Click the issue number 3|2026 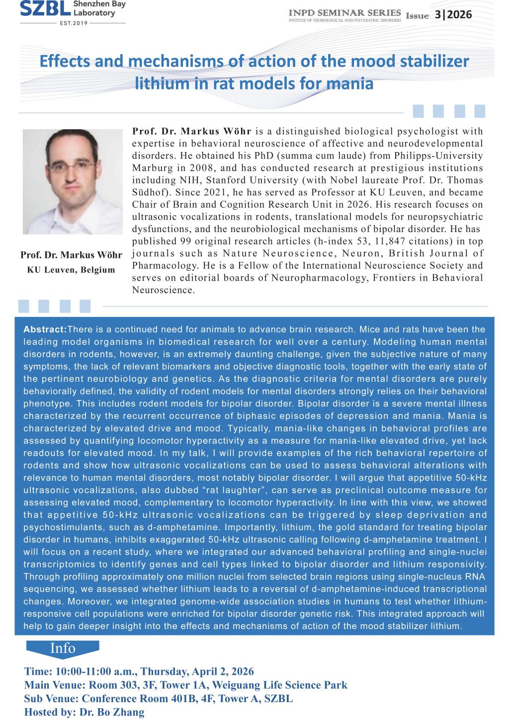click(x=452, y=14)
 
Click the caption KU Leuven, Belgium click(x=71, y=270)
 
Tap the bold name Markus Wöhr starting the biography click(x=217, y=132)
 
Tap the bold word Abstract click(x=45, y=329)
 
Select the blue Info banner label click(x=63, y=648)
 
